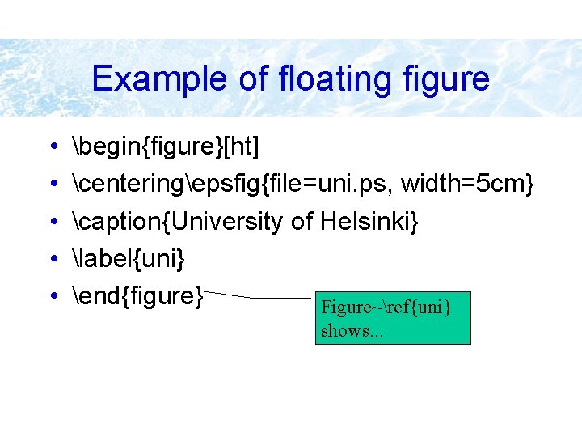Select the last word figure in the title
coord(449,79)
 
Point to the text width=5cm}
coord(468,185)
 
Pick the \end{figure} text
coord(137,296)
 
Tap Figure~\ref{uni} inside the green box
coord(386,308)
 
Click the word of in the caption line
coord(302,222)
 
